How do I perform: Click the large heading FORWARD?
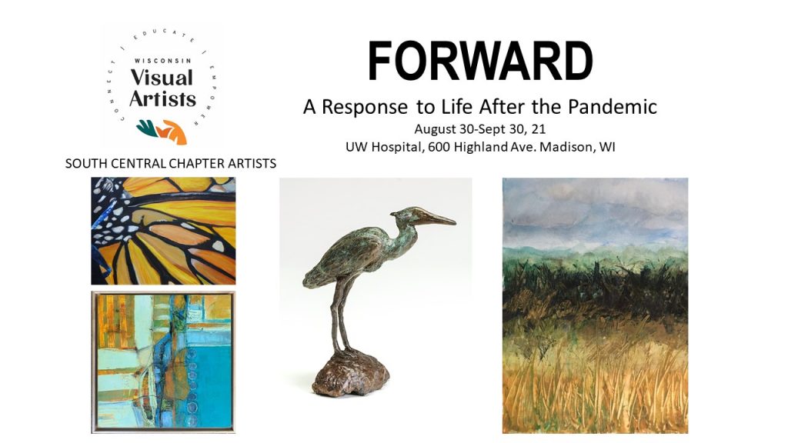tap(480, 61)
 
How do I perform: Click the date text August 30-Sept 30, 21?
tap(480, 129)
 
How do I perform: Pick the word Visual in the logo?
tap(162, 78)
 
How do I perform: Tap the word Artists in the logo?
tap(162, 98)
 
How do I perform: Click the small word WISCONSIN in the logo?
tap(163, 60)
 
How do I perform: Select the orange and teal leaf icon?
tap(162, 132)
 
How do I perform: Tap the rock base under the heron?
tap(350, 373)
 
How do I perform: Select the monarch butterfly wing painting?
tap(163, 231)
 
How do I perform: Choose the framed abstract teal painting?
tap(163, 361)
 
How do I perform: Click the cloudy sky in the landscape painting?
tap(595, 211)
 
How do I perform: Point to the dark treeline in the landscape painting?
tap(595, 284)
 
